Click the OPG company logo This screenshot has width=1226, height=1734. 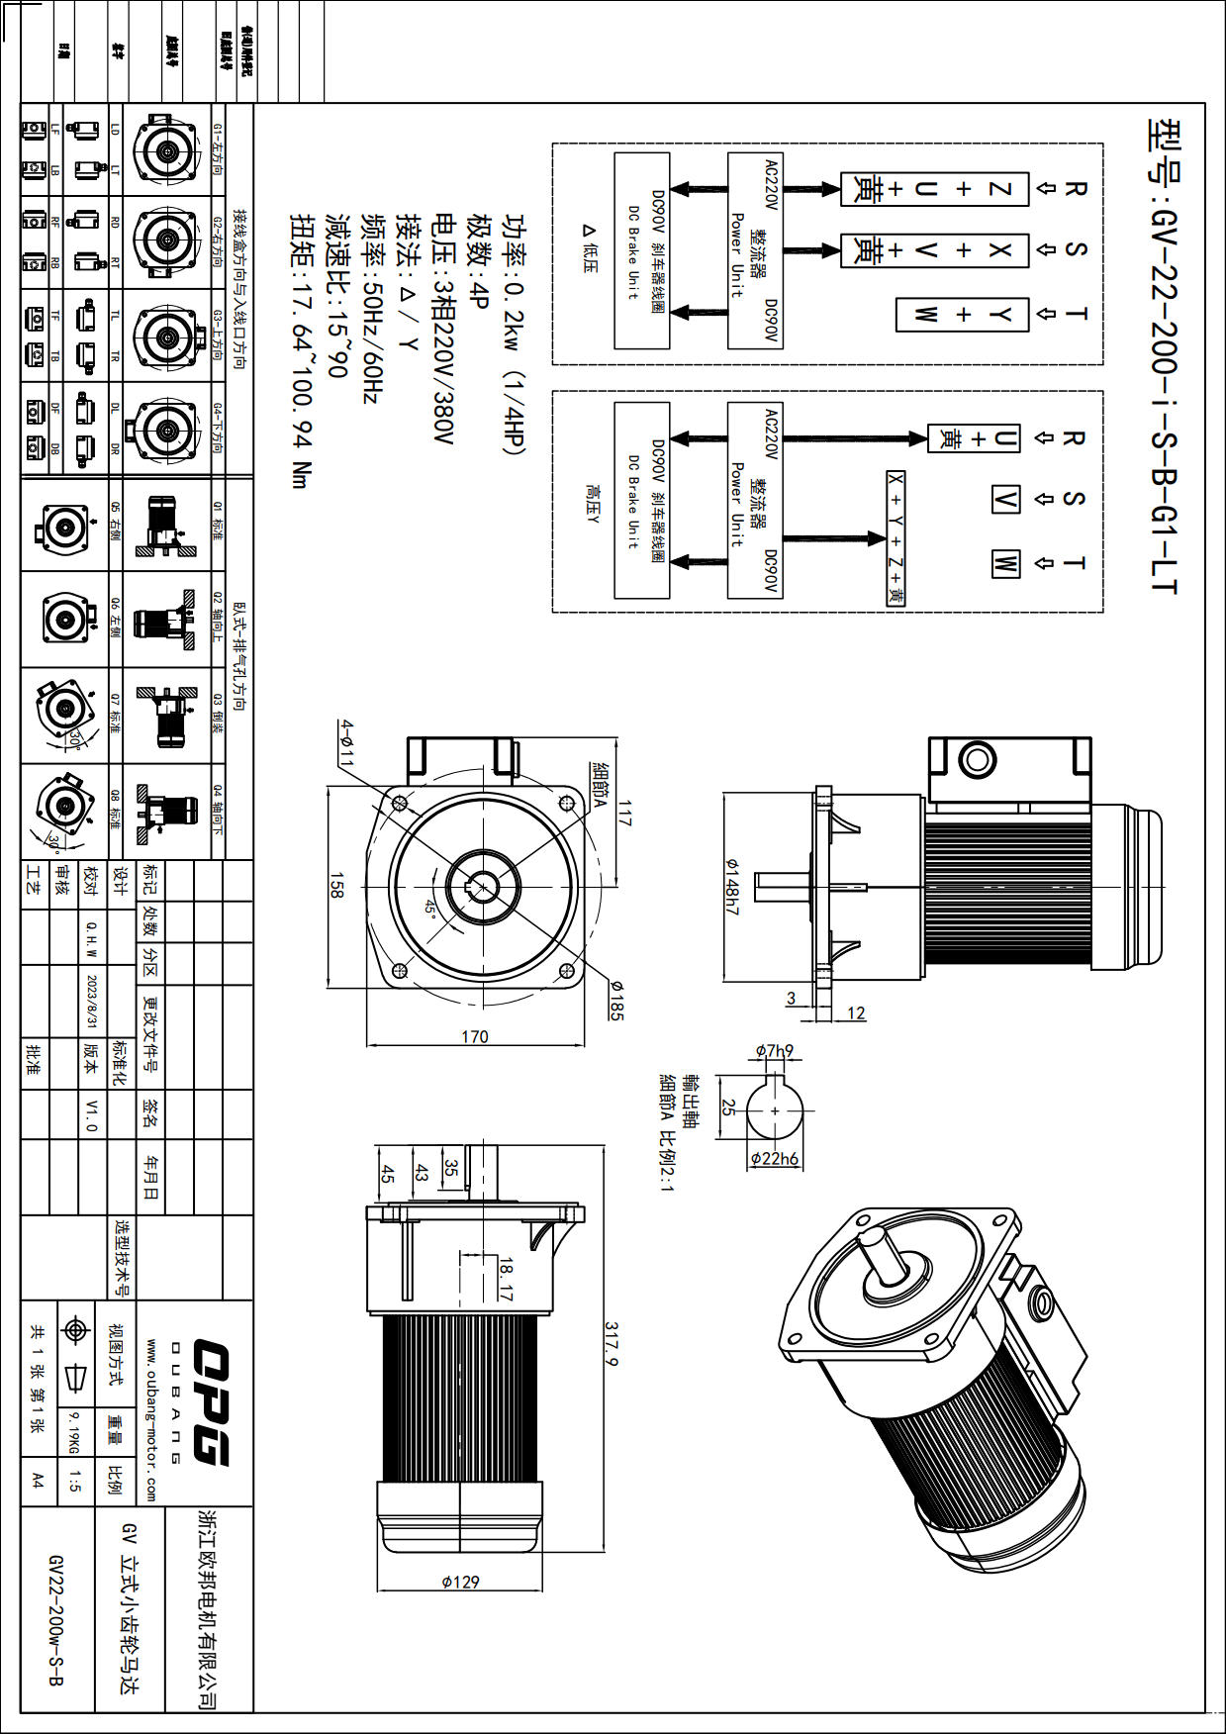[x=210, y=1402]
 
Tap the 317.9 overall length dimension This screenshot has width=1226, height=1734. [x=613, y=1344]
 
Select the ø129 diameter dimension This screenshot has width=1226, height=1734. [x=460, y=1582]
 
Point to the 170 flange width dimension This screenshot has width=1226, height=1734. [x=475, y=1036]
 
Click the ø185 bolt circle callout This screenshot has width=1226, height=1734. [x=615, y=1001]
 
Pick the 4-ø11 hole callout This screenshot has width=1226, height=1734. [x=346, y=743]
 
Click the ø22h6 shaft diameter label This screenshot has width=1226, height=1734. [x=774, y=1158]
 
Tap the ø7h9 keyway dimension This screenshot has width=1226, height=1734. [x=774, y=1051]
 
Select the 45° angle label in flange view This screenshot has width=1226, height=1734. [x=431, y=908]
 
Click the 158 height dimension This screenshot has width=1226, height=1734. [x=336, y=886]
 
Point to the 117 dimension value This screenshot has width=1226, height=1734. [x=624, y=814]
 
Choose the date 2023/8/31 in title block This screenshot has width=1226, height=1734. [x=92, y=1001]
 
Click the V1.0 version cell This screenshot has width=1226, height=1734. [x=91, y=1114]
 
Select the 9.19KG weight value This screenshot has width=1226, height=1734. [x=73, y=1432]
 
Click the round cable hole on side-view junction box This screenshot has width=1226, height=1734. [x=977, y=759]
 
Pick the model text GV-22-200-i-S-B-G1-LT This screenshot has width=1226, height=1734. [x=1164, y=356]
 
